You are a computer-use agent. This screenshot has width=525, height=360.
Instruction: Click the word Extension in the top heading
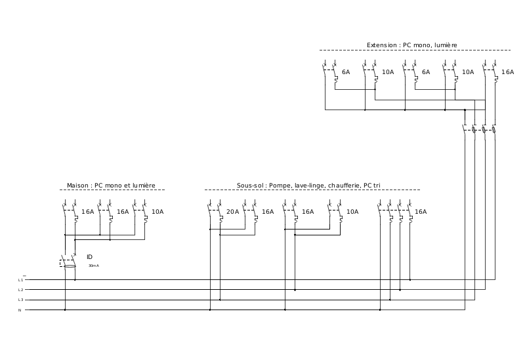tap(383, 45)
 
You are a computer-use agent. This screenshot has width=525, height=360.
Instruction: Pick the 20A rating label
tap(233, 212)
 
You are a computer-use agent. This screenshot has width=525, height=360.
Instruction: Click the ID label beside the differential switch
tap(89, 257)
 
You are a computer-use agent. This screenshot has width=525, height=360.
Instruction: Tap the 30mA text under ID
tap(93, 266)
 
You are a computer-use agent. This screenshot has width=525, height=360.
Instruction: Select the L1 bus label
tap(20, 280)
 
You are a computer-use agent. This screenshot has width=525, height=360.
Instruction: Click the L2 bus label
tap(20, 290)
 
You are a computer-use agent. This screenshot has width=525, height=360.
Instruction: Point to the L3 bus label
tap(20, 300)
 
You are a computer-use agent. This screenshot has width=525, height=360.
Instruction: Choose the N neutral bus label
tap(20, 310)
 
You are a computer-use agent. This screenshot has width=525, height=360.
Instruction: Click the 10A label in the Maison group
tap(157, 212)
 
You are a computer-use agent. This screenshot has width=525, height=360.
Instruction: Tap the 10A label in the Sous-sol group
tap(352, 212)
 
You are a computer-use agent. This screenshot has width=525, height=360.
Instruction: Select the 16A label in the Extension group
tap(507, 72)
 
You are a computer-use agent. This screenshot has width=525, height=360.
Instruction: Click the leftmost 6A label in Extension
tap(346, 72)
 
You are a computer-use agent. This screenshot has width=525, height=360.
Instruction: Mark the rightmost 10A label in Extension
tap(468, 72)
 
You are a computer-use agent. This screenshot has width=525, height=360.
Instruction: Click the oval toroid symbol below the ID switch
tap(70, 266)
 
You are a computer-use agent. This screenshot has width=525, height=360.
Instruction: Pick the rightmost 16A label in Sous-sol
tap(421, 212)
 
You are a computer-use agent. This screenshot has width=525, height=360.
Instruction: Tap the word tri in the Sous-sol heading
tap(377, 186)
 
